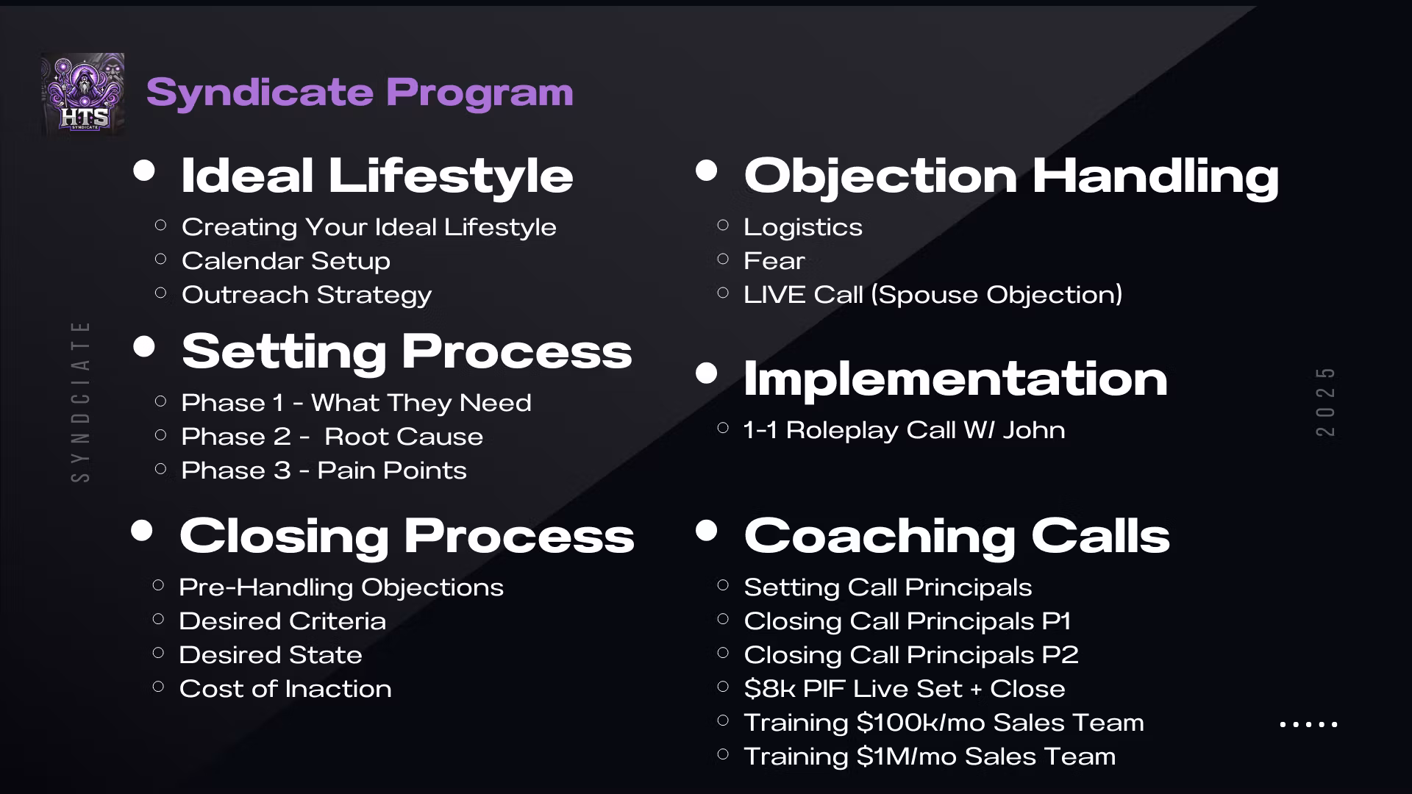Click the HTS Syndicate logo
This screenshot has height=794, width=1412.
[x=82, y=93]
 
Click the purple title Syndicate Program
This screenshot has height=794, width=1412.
[x=360, y=93]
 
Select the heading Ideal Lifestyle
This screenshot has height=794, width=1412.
[x=377, y=176]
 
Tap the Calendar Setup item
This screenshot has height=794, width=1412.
[x=286, y=261]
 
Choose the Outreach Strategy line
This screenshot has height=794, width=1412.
[x=307, y=295]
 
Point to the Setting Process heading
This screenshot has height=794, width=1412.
[x=407, y=351]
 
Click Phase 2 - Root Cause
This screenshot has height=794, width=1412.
[x=332, y=437]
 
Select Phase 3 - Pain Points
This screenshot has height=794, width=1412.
[x=324, y=471]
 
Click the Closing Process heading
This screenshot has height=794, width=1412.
[x=407, y=536]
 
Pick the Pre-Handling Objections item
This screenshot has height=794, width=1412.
[x=341, y=587]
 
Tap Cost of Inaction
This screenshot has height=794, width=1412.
[x=285, y=689]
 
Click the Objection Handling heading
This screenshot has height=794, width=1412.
[x=1011, y=176]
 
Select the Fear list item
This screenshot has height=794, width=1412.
[x=774, y=261]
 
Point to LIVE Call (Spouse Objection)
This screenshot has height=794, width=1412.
[x=933, y=295]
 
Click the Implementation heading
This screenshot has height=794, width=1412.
[x=955, y=379]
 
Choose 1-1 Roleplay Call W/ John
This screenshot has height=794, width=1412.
[x=905, y=430]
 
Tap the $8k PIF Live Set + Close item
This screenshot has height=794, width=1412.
[x=905, y=689]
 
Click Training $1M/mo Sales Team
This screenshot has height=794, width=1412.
[x=930, y=757]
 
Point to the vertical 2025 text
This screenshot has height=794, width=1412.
[x=1325, y=401]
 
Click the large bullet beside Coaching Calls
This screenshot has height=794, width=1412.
[x=706, y=530]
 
